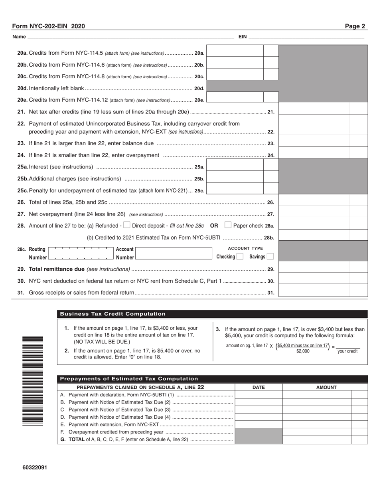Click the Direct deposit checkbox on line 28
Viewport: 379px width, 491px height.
point(127,225)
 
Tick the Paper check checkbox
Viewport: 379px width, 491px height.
point(228,225)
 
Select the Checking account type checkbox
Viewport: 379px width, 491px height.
point(239,257)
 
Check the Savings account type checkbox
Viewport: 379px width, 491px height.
point(270,257)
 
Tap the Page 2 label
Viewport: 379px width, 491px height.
point(355,26)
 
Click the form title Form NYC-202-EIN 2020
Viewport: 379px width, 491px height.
point(48,26)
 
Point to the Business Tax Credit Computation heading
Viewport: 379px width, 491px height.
point(113,314)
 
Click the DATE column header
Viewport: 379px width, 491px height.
point(259,387)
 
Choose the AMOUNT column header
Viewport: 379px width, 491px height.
point(326,387)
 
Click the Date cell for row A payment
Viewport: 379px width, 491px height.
point(259,395)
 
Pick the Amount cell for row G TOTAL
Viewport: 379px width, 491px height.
point(317,440)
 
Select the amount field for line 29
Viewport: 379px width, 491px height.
point(314,269)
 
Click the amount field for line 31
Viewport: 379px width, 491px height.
point(314,293)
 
